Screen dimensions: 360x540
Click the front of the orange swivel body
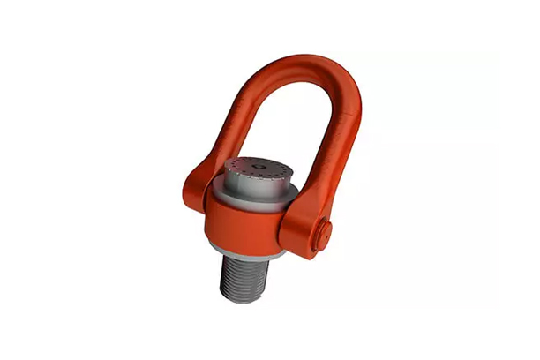click(x=247, y=231)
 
